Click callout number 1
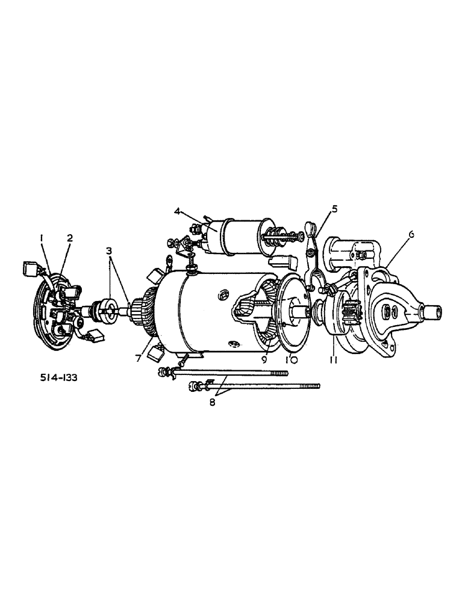42,238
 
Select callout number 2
69,238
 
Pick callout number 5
334,209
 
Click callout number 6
411,235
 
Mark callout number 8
212,403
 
